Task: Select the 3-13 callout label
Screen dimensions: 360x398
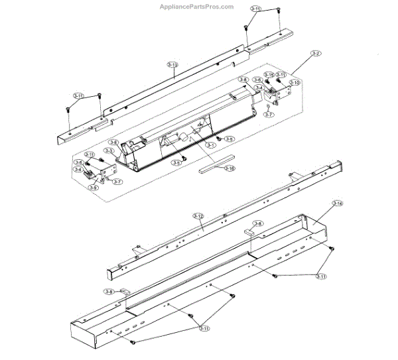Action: tap(172, 64)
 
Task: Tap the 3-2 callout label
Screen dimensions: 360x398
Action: tap(316, 53)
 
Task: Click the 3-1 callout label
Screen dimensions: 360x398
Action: tap(212, 145)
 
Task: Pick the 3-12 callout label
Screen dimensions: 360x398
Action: tap(198, 216)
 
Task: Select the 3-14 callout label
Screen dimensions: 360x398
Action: tap(337, 203)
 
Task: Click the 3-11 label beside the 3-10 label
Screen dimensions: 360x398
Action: tap(281, 76)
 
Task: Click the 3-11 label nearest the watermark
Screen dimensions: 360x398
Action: tap(255, 8)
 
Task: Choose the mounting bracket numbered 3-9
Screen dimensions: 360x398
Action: tap(103, 175)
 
